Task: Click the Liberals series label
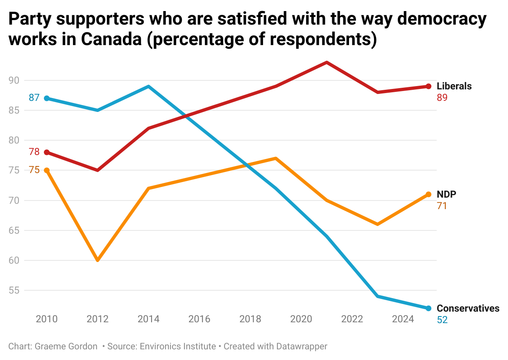(x=454, y=86)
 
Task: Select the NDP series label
(x=446, y=194)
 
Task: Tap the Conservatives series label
(x=468, y=308)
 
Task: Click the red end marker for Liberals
(x=429, y=86)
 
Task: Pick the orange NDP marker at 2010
(x=47, y=170)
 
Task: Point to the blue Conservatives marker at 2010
(x=47, y=98)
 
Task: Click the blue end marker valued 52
(x=429, y=308)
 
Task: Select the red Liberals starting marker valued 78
(x=47, y=152)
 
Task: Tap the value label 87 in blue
(x=34, y=98)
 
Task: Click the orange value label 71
(x=442, y=206)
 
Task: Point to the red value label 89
(x=442, y=98)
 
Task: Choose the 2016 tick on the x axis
(x=199, y=319)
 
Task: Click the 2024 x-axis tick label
(x=403, y=319)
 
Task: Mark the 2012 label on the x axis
(x=98, y=319)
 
